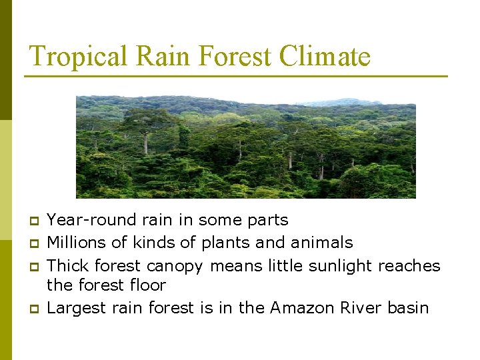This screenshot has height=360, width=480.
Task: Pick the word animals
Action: pyautogui.click(x=323, y=243)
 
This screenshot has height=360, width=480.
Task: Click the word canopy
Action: pyautogui.click(x=174, y=266)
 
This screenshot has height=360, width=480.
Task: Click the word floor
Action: pyautogui.click(x=147, y=285)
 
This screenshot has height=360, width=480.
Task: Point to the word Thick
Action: pyautogui.click(x=69, y=265)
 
